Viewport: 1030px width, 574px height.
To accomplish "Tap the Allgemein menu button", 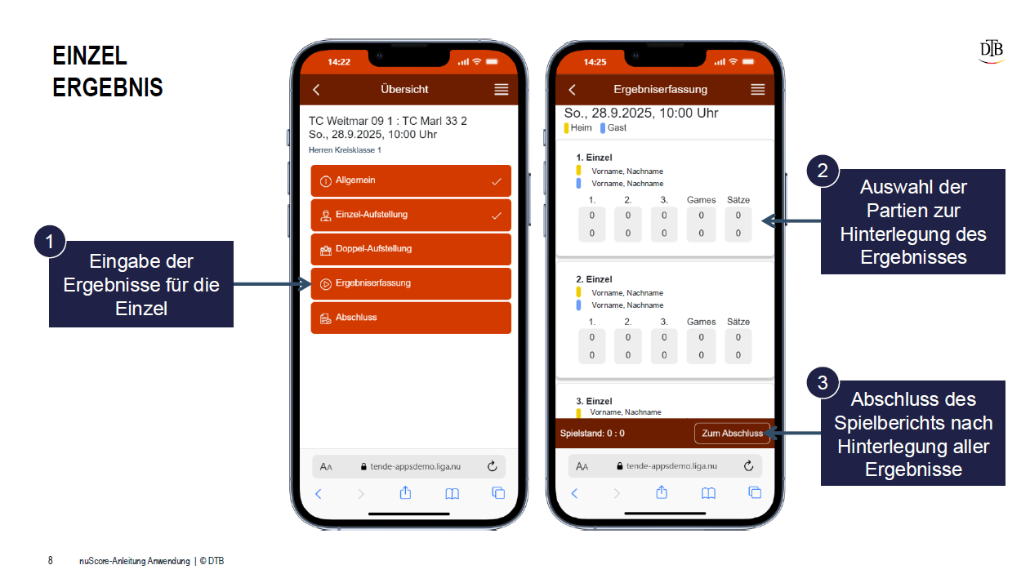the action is [411, 180].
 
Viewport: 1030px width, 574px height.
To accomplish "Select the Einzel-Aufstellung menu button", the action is [411, 215].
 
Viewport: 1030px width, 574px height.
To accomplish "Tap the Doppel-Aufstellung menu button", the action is [411, 249].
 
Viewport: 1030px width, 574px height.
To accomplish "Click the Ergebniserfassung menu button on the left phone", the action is [411, 283].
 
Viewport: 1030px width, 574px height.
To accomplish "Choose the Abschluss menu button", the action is [411, 318].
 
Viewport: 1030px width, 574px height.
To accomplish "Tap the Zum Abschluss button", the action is [732, 434].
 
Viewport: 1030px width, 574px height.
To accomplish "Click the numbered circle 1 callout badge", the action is [50, 241].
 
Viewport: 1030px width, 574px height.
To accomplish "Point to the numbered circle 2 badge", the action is [823, 171].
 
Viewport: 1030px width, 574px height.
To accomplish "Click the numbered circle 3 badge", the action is [823, 383].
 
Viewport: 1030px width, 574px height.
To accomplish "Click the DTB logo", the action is [992, 50].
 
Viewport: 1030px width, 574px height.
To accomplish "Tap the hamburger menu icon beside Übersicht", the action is [502, 90].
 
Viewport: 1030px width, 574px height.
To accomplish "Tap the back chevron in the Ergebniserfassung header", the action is [572, 90].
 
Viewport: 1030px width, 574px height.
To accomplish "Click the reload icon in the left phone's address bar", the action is [493, 466].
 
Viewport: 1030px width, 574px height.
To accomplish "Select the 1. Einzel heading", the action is [594, 158].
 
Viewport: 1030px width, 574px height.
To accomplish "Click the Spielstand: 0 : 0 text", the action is [592, 434].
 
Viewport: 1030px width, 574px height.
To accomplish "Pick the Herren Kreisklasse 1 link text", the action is [345, 150].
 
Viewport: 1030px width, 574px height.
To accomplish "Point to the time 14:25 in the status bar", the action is [595, 62].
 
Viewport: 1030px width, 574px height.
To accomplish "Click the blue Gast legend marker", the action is [602, 128].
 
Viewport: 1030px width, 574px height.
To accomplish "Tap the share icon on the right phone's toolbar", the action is [662, 492].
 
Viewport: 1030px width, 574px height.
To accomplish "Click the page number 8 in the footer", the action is [50, 561].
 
